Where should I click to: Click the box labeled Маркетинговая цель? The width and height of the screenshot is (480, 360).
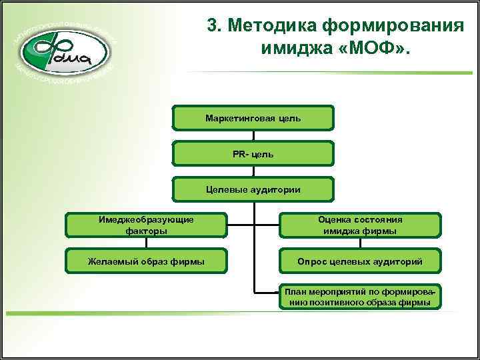[253, 118]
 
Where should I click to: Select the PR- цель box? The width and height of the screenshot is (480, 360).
[253, 154]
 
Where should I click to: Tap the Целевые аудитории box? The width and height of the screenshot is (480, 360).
[253, 189]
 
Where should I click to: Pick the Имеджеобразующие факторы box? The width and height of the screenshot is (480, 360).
[146, 225]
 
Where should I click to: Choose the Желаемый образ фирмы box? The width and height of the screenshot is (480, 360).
[146, 261]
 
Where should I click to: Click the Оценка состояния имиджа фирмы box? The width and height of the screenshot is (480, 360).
[360, 225]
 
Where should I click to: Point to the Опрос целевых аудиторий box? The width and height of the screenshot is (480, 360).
[360, 261]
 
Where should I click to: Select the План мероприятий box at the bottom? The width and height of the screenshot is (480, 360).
[360, 297]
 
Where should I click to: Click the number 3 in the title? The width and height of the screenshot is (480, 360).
[213, 25]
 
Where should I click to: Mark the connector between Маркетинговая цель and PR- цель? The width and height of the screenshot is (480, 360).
[253, 136]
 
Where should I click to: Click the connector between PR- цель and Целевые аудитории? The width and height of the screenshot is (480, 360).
[253, 171]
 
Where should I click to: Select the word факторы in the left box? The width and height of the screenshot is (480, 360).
[146, 231]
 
